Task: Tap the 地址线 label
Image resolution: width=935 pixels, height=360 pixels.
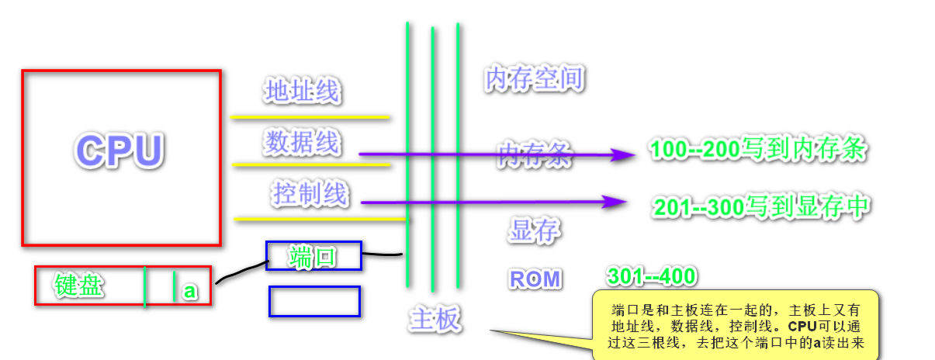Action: click(302, 92)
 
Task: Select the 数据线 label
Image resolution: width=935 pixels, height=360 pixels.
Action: click(301, 142)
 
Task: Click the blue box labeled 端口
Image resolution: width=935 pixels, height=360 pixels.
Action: click(313, 256)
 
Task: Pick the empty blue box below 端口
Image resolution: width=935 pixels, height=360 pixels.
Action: click(314, 302)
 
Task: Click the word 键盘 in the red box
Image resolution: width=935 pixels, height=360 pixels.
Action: click(78, 286)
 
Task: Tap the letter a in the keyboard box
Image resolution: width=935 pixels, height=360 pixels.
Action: click(189, 292)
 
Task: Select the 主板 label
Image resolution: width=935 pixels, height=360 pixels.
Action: click(435, 320)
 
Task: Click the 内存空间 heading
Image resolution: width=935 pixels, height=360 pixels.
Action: click(533, 79)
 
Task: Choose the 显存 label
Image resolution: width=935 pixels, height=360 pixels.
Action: click(535, 230)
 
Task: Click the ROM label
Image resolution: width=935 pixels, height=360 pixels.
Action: click(535, 279)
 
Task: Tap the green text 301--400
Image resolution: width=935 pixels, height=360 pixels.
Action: click(652, 275)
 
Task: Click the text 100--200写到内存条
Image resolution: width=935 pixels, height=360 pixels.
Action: click(757, 150)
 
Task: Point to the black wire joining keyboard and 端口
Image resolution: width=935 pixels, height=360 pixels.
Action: click(241, 270)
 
